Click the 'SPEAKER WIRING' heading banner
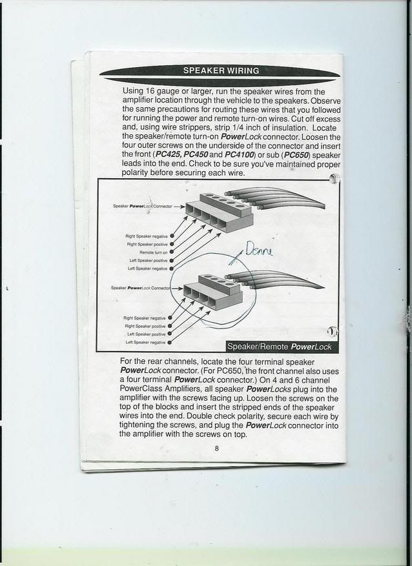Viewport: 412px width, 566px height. tap(221, 71)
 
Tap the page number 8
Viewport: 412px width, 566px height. tap(218, 449)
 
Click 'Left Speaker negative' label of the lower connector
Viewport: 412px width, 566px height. tap(147, 342)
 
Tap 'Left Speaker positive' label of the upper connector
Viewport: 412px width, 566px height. tap(148, 260)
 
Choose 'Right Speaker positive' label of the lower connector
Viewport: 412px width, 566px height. tap(146, 326)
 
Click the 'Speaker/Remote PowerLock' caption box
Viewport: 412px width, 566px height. tap(279, 347)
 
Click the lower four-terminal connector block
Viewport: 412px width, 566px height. tap(210, 294)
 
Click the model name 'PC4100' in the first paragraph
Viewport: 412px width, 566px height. tap(242, 155)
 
